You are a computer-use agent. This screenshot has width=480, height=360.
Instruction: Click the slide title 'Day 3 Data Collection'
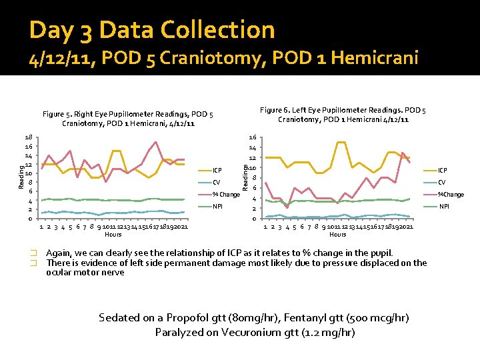point(152,30)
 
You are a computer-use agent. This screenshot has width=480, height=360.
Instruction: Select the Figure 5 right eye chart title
point(127,119)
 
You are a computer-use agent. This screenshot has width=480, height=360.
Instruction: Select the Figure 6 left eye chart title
point(343,115)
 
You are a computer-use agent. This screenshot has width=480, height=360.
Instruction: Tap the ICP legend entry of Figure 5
point(217,170)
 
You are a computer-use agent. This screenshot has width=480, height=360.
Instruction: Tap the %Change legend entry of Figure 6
point(451,194)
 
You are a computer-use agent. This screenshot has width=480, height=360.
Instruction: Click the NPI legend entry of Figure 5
point(217,207)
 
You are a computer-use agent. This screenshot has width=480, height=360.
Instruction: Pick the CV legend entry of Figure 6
point(441,182)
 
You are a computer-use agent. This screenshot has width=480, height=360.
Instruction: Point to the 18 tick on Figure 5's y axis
point(29,137)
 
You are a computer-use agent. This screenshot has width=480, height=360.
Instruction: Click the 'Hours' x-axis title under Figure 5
point(113,234)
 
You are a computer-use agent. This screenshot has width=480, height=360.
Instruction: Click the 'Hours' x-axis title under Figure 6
point(338,234)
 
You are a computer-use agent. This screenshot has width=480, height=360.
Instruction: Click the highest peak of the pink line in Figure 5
point(155,142)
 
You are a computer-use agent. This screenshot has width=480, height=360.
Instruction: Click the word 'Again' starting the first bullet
point(59,253)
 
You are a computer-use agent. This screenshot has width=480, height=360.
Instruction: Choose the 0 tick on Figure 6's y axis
point(253,219)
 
